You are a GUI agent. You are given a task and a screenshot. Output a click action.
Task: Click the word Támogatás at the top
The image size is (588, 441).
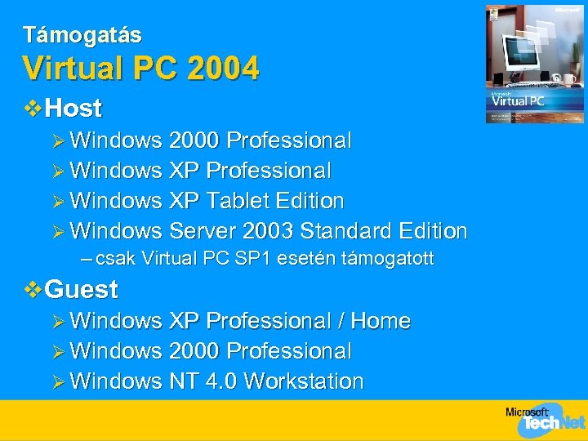pyautogui.click(x=82, y=35)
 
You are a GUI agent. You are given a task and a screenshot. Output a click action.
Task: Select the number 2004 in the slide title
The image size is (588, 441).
pyautogui.click(x=222, y=68)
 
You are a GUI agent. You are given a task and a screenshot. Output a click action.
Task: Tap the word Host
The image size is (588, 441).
pyautogui.click(x=73, y=108)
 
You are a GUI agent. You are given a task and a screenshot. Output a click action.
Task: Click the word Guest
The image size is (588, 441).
pyautogui.click(x=82, y=289)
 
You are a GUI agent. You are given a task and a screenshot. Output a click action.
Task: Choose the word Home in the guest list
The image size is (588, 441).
pyautogui.click(x=380, y=321)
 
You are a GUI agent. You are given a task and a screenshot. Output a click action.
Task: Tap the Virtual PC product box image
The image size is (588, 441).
pyautogui.click(x=535, y=64)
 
